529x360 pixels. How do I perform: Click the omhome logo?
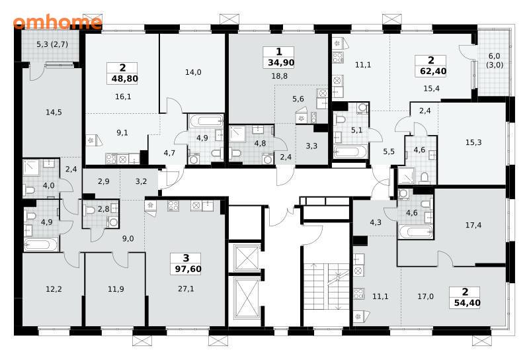58,22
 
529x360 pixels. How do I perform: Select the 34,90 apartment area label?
281,62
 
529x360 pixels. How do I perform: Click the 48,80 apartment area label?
124,79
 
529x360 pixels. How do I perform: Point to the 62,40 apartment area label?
433,71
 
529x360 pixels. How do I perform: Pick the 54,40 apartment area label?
468,302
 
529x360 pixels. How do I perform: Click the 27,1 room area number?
186,289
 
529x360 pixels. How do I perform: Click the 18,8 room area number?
279,76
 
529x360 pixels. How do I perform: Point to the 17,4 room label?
473,225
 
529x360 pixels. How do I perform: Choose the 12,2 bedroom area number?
54,289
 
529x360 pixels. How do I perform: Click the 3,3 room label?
311,146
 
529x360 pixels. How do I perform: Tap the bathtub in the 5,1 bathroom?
350,152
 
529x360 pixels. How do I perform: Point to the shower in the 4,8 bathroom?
238,134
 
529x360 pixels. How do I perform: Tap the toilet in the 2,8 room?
90,210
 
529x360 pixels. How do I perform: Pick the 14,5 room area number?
54,112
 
